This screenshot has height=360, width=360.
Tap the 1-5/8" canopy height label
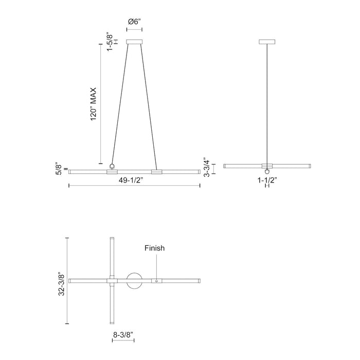[109, 41]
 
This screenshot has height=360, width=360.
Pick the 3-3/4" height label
[207, 167]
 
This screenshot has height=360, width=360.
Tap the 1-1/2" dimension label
[267, 180]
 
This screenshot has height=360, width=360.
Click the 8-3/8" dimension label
[123, 334]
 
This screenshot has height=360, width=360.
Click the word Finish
[154, 248]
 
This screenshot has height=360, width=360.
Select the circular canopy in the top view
[135, 280]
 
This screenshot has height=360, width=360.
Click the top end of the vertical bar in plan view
[113, 240]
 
